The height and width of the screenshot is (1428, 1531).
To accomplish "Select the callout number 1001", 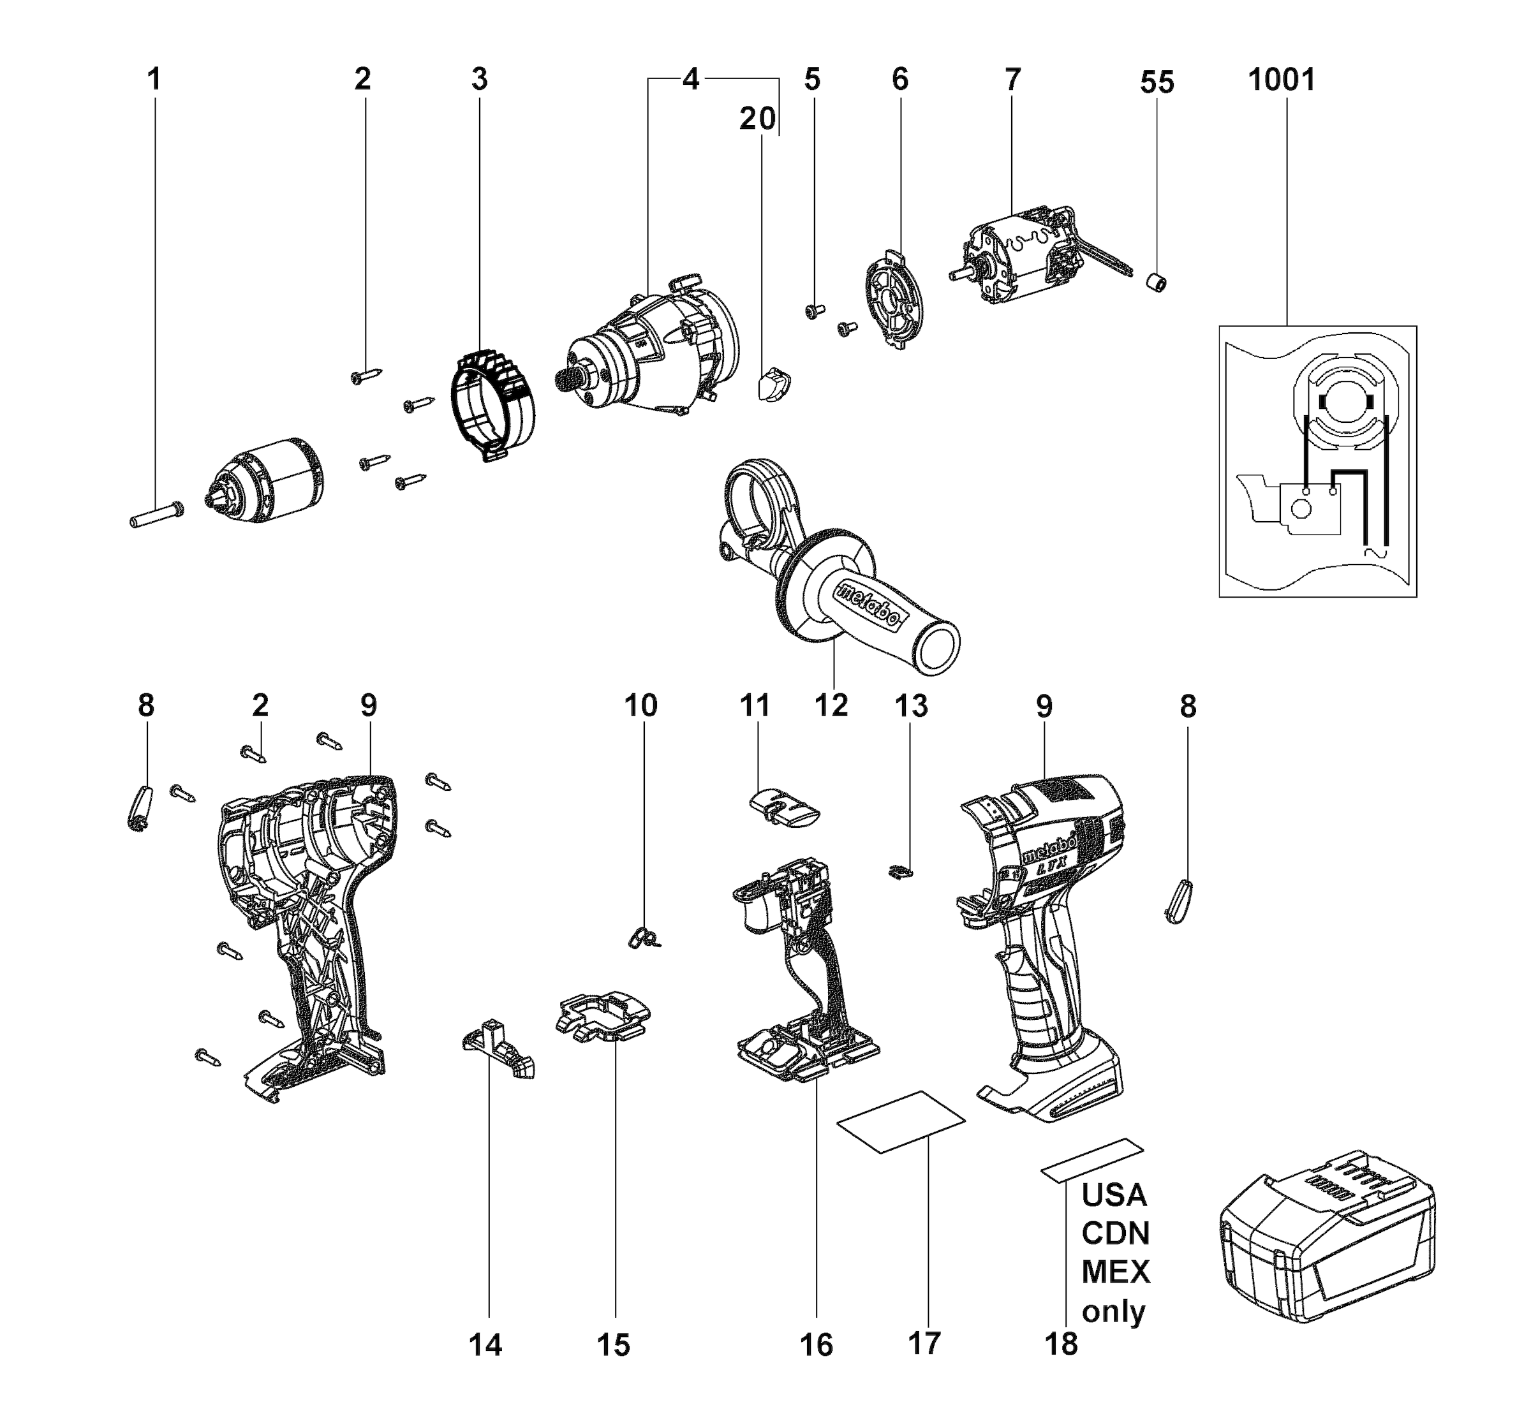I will pyautogui.click(x=1282, y=79).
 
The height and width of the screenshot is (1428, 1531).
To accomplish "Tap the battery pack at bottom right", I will pyautogui.click(x=1327, y=1246).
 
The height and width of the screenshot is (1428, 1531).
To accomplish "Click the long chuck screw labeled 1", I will pyautogui.click(x=156, y=514).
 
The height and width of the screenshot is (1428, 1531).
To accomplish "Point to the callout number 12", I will pyautogui.click(x=832, y=705).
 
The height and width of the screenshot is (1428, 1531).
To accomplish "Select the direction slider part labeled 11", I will pyautogui.click(x=784, y=809).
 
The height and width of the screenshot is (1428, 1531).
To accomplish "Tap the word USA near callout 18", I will pyautogui.click(x=1114, y=1195).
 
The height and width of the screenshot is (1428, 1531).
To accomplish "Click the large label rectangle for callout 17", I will pyautogui.click(x=901, y=1122).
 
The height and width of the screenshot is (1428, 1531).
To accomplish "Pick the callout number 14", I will pyautogui.click(x=486, y=1345).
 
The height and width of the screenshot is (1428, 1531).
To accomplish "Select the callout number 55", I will pyautogui.click(x=1157, y=82).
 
